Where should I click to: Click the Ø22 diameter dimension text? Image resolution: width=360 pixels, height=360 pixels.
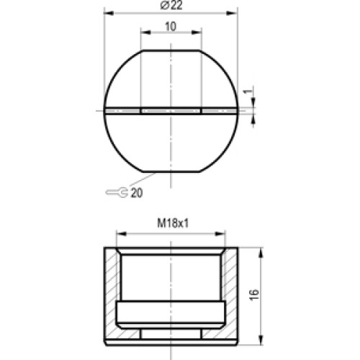[x=171, y=5]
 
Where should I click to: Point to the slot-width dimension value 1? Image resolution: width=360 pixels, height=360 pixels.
[x=247, y=93]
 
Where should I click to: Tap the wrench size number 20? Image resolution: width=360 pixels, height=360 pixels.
[x=136, y=193]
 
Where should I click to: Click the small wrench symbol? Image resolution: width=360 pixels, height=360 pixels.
[x=117, y=193]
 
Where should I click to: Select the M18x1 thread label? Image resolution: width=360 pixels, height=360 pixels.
[x=172, y=224]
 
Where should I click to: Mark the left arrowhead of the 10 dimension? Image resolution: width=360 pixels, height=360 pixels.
[x=143, y=33]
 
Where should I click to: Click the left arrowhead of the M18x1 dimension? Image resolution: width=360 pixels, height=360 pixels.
[x=120, y=233]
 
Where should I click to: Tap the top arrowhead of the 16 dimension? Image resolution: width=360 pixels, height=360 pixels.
[x=259, y=251]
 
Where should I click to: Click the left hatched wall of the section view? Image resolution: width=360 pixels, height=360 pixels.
[x=109, y=295]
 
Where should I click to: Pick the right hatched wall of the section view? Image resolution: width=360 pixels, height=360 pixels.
[x=232, y=295]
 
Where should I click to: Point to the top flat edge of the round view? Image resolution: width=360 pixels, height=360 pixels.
[x=171, y=50]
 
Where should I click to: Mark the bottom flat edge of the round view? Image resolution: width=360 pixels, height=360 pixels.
[x=171, y=171]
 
